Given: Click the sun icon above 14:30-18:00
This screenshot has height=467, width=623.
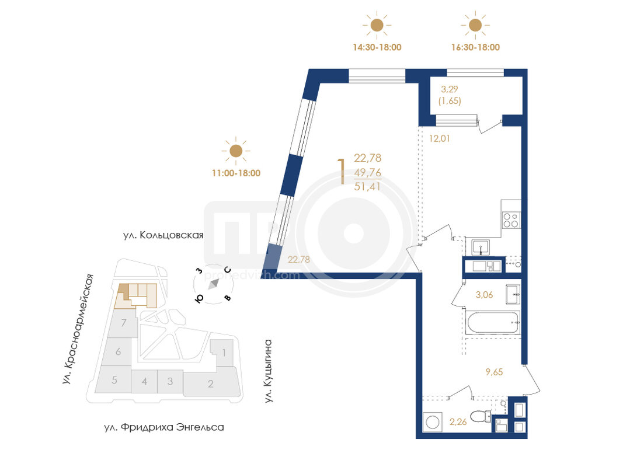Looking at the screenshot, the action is coord(377,26).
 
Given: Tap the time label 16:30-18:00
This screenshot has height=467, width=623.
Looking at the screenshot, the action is coord(475,47).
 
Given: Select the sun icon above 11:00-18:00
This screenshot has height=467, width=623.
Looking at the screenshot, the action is coord(236,151).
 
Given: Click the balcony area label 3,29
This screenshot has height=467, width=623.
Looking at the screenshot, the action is coord(450,89).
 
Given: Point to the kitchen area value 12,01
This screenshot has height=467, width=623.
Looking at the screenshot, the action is coord(440,138).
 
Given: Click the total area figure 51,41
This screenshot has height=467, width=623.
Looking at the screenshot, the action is coord(367,186).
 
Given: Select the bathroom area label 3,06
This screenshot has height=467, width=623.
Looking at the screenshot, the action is coord(485,295).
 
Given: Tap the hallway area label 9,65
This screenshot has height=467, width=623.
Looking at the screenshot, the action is coord(494,372).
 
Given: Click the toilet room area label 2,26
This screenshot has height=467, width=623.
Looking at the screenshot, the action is coord(458,421).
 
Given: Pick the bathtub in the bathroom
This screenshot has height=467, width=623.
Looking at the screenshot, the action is coord(493,322).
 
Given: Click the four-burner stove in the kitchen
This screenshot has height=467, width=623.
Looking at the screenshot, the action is coord(511,220).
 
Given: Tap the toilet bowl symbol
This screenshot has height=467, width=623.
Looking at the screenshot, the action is coord(481,417).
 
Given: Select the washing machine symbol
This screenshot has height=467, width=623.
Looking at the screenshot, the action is coord(432,421).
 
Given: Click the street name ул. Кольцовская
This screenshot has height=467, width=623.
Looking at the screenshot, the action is coord(163,235).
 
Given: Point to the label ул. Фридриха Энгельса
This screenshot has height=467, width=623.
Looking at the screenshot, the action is coord(164,427).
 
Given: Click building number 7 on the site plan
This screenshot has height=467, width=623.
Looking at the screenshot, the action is coord(124,322).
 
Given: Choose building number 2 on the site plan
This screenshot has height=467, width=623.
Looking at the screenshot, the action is coord(211,384).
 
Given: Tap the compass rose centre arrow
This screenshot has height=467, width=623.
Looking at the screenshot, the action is coord(214,284).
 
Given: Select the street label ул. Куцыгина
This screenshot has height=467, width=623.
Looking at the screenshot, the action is coord(269,371).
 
